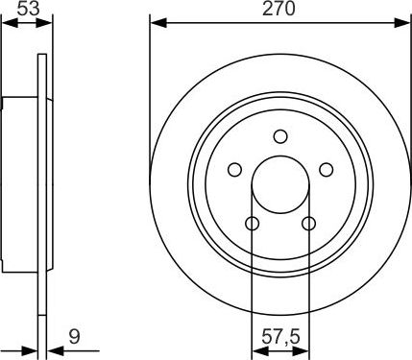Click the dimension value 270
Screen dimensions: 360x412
tap(280, 9)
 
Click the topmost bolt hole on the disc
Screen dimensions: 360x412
tap(280, 135)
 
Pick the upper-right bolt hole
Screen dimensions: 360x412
tap(327, 169)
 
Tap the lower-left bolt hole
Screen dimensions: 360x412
tap(252, 224)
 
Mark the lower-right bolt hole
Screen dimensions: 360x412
tap(308, 224)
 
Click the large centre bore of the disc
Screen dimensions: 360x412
tap(280, 184)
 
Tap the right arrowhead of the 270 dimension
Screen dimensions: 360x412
tap(404, 22)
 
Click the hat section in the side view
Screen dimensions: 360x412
tap(19, 182)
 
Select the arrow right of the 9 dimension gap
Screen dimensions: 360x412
tap(53, 350)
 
